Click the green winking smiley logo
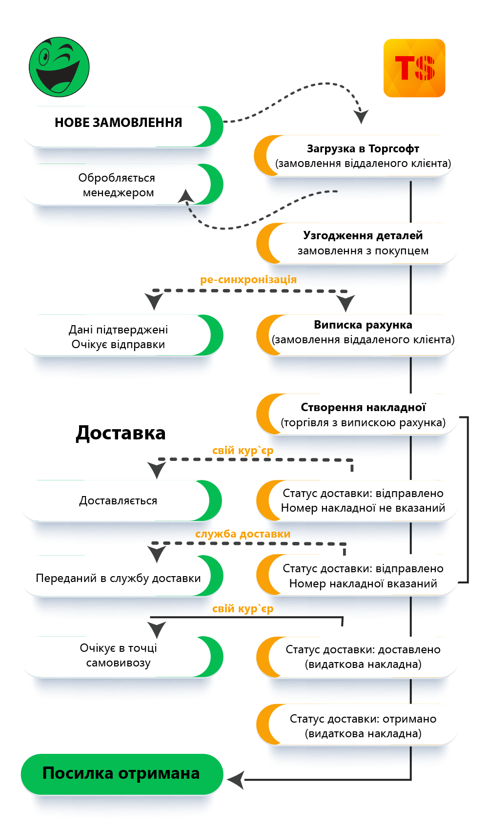[x=59, y=66]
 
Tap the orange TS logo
[x=414, y=68]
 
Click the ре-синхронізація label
[x=248, y=280]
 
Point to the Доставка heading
[x=121, y=433]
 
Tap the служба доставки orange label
[x=243, y=534]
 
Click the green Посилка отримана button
[x=121, y=774]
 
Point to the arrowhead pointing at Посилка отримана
[x=235, y=780]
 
